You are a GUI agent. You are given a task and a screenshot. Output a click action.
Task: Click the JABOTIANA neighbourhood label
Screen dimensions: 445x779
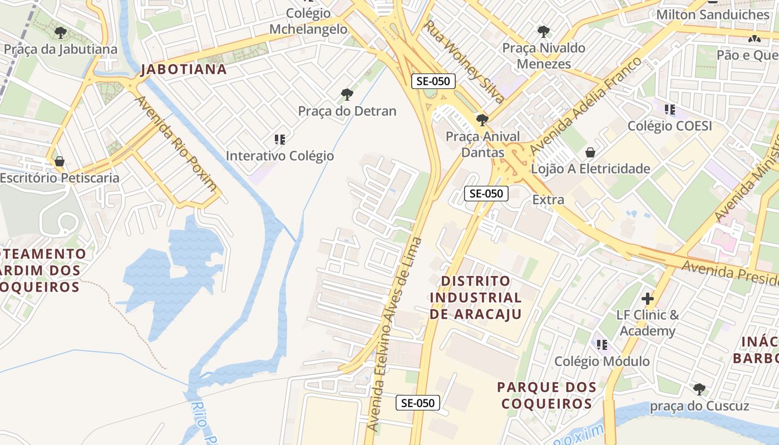coord(184,70)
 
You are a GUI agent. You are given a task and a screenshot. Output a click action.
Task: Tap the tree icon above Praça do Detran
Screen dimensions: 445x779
coord(347,94)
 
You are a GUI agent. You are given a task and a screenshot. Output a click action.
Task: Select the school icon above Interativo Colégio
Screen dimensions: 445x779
coord(280,139)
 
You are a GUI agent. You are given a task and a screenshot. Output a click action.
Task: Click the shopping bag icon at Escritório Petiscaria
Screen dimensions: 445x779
coord(59,161)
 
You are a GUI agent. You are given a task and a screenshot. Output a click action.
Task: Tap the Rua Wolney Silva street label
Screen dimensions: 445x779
coord(464,62)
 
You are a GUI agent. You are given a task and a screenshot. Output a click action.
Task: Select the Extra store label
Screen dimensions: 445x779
coord(548,200)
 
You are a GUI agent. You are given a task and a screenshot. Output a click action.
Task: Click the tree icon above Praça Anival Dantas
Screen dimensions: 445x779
coord(482,120)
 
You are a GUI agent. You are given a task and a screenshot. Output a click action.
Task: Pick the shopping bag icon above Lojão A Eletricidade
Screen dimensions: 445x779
coord(590,152)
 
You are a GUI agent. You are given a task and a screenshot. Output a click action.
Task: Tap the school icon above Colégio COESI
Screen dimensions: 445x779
coord(669,110)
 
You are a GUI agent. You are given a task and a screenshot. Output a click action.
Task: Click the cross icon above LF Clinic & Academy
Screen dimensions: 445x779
coord(648,299)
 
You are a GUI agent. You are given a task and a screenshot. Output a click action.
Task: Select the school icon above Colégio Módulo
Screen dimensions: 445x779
coord(601,345)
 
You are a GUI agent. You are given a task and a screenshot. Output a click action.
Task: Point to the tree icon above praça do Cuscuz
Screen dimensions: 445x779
coord(699,389)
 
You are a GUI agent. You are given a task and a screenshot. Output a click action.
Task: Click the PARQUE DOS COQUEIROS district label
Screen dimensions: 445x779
coord(547,395)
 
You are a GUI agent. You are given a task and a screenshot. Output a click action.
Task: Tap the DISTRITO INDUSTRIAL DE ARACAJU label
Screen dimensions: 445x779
coord(475,298)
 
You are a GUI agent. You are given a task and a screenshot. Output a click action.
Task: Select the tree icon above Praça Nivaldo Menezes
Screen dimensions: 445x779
coord(544,32)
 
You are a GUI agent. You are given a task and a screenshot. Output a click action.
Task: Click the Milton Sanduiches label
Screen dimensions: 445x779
coord(713,14)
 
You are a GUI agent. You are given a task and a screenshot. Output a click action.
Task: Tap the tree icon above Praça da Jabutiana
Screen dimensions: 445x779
coord(61,33)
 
